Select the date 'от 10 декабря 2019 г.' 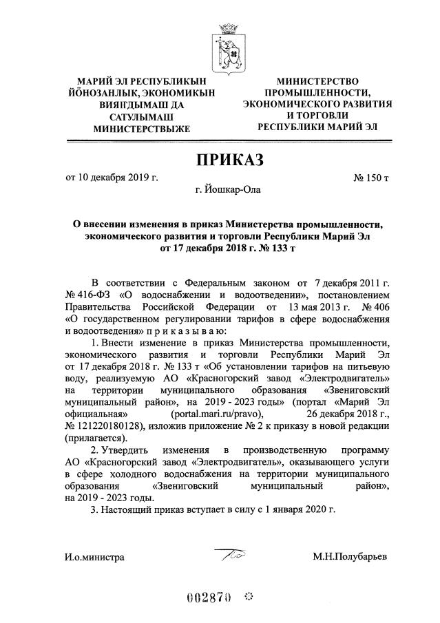pos(112,178)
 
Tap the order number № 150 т pos(371,178)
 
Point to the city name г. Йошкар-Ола pos(228,189)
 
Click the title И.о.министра pos(95,556)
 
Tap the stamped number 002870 pos(209,595)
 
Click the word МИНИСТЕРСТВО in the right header pos(317,81)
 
